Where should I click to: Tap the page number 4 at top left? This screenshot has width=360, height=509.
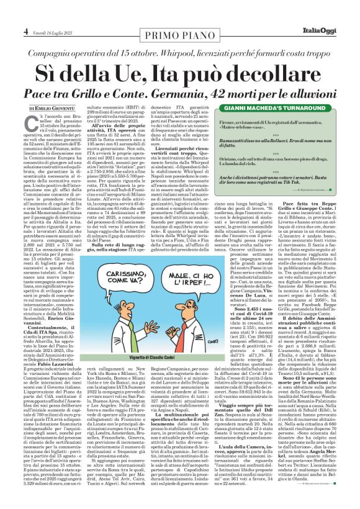click(25, 31)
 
